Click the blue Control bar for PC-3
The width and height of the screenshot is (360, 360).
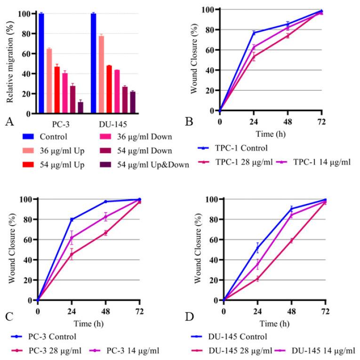click(x=41, y=64)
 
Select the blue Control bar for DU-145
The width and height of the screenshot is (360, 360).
click(x=94, y=64)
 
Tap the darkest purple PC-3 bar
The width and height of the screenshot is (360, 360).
click(x=81, y=108)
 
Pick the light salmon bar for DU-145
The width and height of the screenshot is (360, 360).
click(x=101, y=75)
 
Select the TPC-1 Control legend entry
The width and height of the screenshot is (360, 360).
click(x=238, y=148)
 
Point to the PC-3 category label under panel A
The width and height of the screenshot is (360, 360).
click(x=62, y=126)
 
